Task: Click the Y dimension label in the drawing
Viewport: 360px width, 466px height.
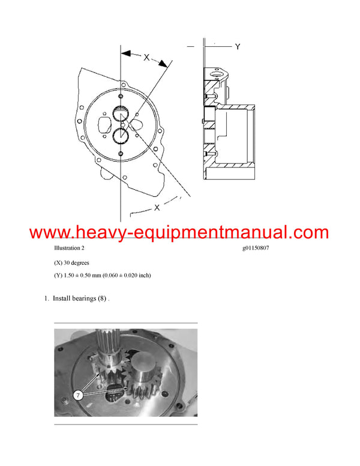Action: click(238, 46)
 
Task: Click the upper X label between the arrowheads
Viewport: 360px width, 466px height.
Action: click(146, 57)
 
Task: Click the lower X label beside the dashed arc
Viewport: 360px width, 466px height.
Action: click(157, 207)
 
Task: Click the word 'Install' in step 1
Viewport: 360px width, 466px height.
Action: click(62, 298)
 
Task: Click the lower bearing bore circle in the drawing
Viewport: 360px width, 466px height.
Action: click(121, 136)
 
